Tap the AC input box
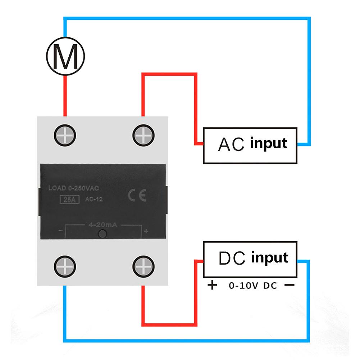pyautogui.click(x=250, y=145)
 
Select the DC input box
pyautogui.click(x=250, y=259)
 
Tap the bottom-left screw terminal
pyautogui.click(x=65, y=266)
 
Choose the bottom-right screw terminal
pyautogui.click(x=143, y=266)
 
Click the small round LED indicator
pyautogui.click(x=102, y=234)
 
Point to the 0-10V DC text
pyautogui.click(x=253, y=286)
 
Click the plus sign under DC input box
pyautogui.click(x=213, y=286)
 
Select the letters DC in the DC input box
pyautogui.click(x=232, y=259)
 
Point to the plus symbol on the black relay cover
pyautogui.click(x=146, y=231)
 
